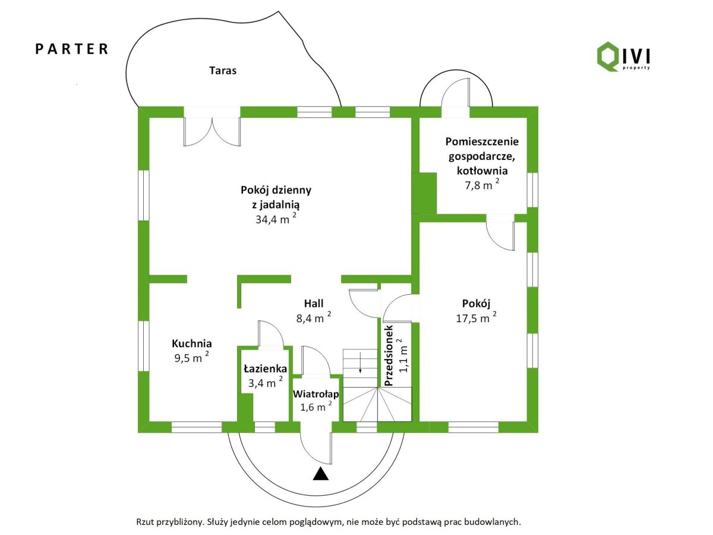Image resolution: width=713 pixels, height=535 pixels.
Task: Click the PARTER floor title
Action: (x=72, y=49)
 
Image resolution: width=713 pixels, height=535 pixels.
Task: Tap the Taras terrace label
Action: (x=223, y=71)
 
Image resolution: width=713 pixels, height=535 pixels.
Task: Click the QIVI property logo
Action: (x=623, y=56)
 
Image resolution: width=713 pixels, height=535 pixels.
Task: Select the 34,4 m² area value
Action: (x=275, y=219)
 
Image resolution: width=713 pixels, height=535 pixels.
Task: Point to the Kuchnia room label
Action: (x=192, y=344)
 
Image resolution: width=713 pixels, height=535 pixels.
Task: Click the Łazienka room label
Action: (x=265, y=369)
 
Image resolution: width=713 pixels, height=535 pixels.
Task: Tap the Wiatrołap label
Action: (x=316, y=394)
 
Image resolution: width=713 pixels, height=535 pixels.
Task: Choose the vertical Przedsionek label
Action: (x=390, y=357)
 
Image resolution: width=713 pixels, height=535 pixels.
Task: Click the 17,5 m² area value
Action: (x=475, y=317)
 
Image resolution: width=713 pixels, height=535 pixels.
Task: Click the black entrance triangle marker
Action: (x=321, y=474)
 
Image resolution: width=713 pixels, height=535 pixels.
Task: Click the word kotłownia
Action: (x=482, y=171)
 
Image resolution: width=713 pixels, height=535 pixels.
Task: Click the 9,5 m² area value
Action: (x=190, y=357)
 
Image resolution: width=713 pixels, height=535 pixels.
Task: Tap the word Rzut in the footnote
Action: (x=146, y=522)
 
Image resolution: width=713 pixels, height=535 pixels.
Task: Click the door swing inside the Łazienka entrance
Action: (x=269, y=332)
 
